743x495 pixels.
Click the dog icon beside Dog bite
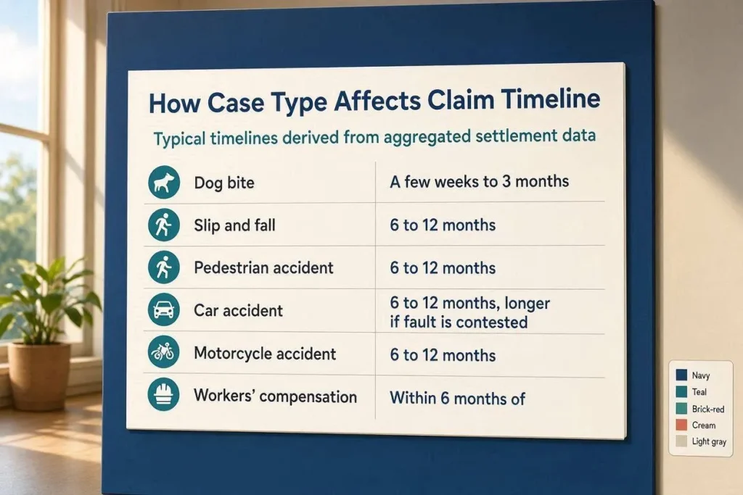pos(164,182)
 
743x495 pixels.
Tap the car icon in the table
pos(164,310)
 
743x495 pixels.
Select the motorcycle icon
pos(163,352)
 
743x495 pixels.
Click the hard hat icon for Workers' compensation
pos(163,394)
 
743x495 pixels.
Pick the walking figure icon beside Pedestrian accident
pos(164,267)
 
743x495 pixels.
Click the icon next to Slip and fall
pos(164,225)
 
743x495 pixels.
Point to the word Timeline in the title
pos(551,99)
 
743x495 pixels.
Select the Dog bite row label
pos(224,183)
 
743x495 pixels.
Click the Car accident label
pos(238,310)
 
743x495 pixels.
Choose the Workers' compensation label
pos(275,396)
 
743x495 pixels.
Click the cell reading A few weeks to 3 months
pos(479,181)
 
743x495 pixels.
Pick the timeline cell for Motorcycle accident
pos(443,355)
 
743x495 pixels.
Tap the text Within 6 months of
pos(457,399)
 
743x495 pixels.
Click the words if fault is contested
pos(459,323)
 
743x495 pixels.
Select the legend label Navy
pos(701,375)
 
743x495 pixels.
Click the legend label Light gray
pos(709,441)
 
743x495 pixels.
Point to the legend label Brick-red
pos(708,409)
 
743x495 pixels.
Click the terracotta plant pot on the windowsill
pos(39,375)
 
